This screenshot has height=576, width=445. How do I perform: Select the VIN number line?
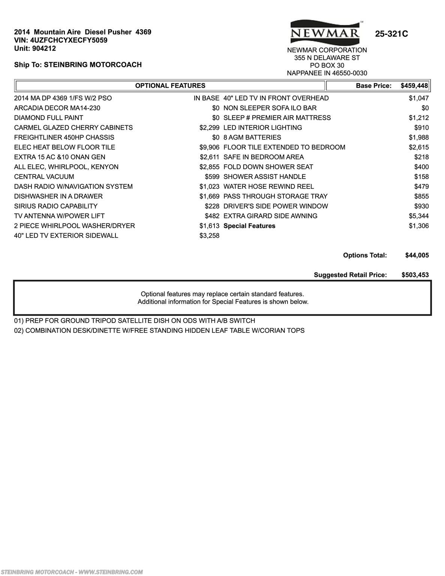[x=61, y=40]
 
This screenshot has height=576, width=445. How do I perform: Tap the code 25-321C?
[x=391, y=34]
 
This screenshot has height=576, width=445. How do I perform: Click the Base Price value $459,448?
[x=414, y=86]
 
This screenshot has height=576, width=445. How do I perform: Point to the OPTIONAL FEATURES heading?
[x=170, y=86]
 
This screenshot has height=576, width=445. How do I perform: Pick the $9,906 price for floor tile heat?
[x=209, y=147]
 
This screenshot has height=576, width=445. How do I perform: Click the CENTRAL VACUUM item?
[x=44, y=177]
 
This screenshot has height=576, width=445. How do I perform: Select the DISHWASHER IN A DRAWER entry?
[x=58, y=196]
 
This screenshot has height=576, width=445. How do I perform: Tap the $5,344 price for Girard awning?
[x=419, y=216]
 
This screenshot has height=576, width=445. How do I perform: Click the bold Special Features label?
[x=249, y=226]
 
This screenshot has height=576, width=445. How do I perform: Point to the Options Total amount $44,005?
[x=417, y=255]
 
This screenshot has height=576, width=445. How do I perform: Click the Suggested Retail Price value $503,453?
[x=415, y=275]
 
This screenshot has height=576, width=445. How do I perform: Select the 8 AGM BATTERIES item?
[x=252, y=138]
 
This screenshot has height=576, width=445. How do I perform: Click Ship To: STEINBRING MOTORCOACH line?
[x=78, y=65]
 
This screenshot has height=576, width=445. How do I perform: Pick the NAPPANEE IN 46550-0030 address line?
[x=327, y=73]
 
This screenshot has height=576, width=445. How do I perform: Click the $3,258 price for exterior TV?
[x=209, y=235]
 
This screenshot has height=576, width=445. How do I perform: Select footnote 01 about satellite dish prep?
[x=135, y=321]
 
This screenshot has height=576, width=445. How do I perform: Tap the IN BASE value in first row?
[x=206, y=98]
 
